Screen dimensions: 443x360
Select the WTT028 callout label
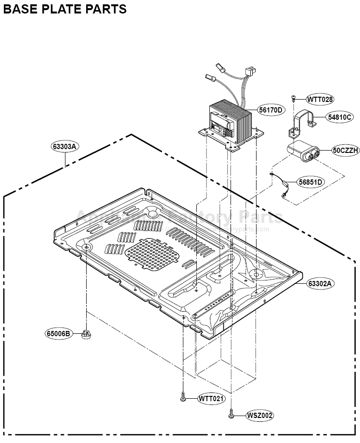pyautogui.click(x=320, y=100)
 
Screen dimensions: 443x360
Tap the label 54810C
pyautogui.click(x=340, y=117)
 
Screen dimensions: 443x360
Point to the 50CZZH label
pyautogui.click(x=346, y=151)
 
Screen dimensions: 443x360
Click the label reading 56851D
pyautogui.click(x=310, y=182)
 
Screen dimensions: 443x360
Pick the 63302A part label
pyautogui.click(x=320, y=283)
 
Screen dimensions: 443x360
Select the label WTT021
pyautogui.click(x=212, y=399)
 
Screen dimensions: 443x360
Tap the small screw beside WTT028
pyautogui.click(x=293, y=99)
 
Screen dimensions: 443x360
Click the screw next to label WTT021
pyautogui.click(x=183, y=398)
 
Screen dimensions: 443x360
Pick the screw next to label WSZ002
pyautogui.click(x=231, y=413)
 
